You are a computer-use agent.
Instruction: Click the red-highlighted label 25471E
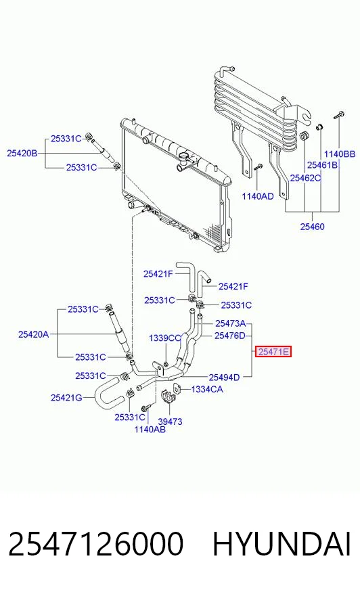[273, 352]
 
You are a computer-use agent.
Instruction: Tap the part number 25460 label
[312, 227]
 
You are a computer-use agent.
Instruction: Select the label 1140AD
[258, 196]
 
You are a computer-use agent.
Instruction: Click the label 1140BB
[340, 154]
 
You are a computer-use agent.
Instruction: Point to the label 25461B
[322, 165]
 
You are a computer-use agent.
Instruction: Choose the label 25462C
[305, 178]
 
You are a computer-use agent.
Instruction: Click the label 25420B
[22, 153]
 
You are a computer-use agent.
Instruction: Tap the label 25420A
[33, 334]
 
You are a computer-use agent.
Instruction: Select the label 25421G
[66, 398]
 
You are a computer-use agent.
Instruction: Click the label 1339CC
[165, 338]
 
